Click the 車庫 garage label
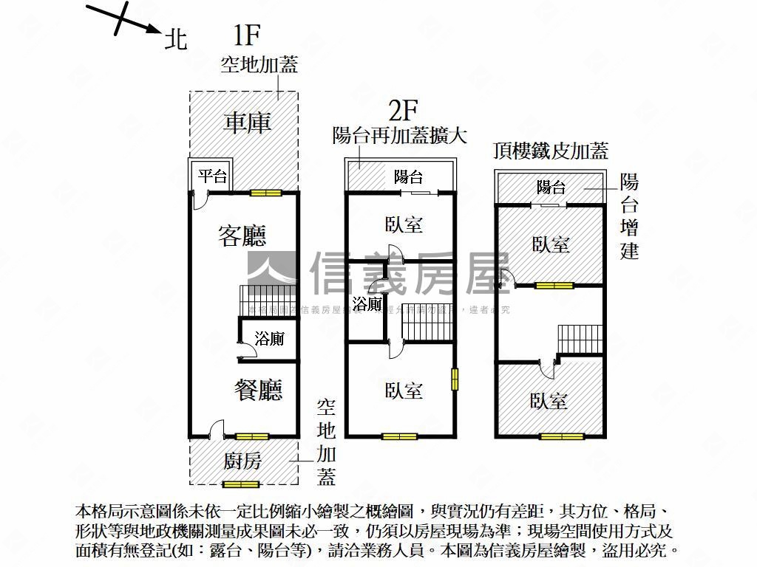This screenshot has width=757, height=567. (x=247, y=122)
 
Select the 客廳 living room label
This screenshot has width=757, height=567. (x=242, y=236)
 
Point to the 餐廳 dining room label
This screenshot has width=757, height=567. (x=259, y=389)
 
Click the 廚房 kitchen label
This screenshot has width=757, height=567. (x=242, y=461)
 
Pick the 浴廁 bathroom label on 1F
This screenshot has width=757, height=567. (x=269, y=339)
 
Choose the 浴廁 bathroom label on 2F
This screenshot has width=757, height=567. (x=367, y=304)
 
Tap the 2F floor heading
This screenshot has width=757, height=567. (x=404, y=111)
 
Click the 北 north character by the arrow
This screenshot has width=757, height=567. (x=175, y=38)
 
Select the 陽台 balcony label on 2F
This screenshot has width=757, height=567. (x=408, y=176)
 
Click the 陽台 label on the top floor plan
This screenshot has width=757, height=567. (x=551, y=187)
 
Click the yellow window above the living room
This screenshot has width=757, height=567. (x=265, y=193)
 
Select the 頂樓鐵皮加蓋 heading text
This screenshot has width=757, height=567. (x=551, y=151)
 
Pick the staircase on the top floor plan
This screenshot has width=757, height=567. (x=580, y=340)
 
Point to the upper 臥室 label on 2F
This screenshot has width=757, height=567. (x=404, y=224)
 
